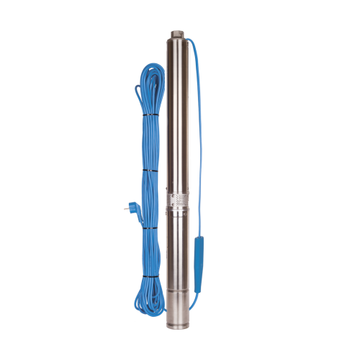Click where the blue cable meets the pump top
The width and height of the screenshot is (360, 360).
coord(189,41)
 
